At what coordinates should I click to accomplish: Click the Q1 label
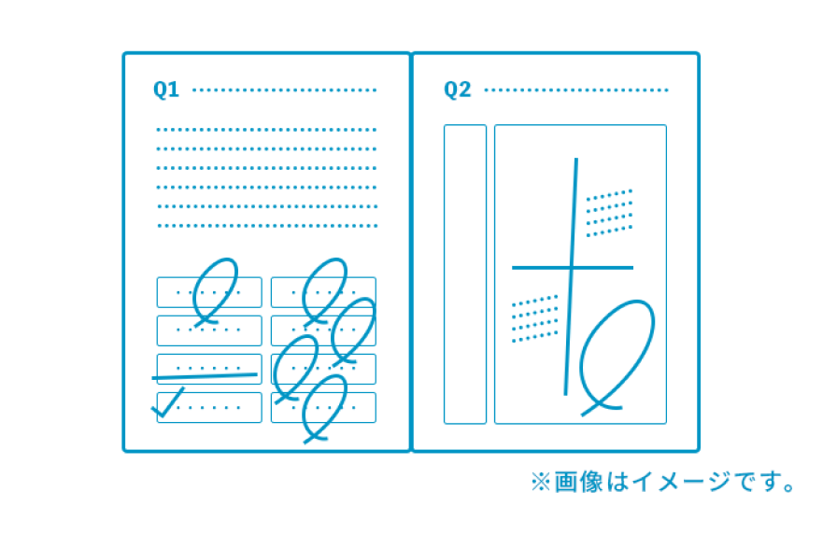pyautogui.click(x=166, y=90)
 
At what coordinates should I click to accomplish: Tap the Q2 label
pyautogui.click(x=457, y=90)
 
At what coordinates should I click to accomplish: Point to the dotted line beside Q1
pyautogui.click(x=285, y=91)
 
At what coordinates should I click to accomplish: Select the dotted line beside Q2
pyautogui.click(x=575, y=91)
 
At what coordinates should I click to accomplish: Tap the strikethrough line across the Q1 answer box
pyautogui.click(x=205, y=376)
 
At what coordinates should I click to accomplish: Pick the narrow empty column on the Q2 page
pyautogui.click(x=465, y=274)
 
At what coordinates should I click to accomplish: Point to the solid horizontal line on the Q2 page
pyautogui.click(x=573, y=268)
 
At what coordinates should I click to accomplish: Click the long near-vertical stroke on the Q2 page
pyautogui.click(x=571, y=276)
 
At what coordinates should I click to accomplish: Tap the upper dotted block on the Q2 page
pyautogui.click(x=609, y=213)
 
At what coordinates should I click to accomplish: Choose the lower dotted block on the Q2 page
pyautogui.click(x=535, y=318)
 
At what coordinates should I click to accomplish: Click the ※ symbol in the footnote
pyautogui.click(x=540, y=482)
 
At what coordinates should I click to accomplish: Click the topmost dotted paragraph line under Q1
pyautogui.click(x=266, y=130)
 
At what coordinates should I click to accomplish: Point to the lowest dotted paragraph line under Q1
pyautogui.click(x=268, y=226)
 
